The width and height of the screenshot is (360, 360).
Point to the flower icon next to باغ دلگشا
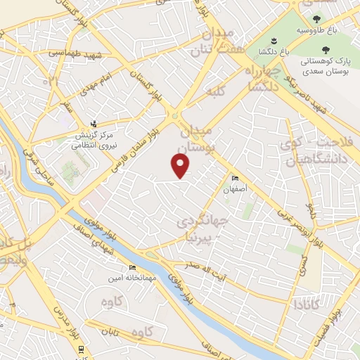285,39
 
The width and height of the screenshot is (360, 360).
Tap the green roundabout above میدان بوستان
173,117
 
